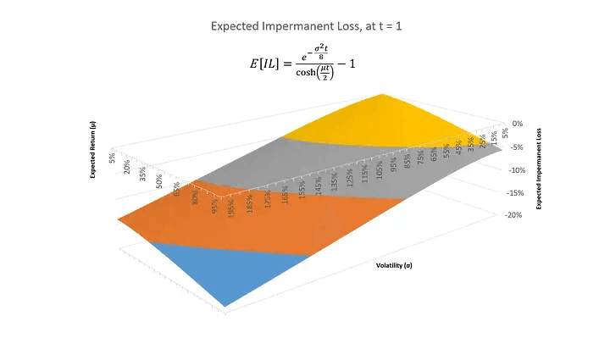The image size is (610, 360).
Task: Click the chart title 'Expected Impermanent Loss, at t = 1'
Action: pyautogui.click(x=304, y=26)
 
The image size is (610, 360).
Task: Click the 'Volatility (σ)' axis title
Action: pyautogui.click(x=395, y=265)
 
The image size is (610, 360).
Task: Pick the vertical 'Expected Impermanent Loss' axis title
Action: pyautogui.click(x=539, y=169)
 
